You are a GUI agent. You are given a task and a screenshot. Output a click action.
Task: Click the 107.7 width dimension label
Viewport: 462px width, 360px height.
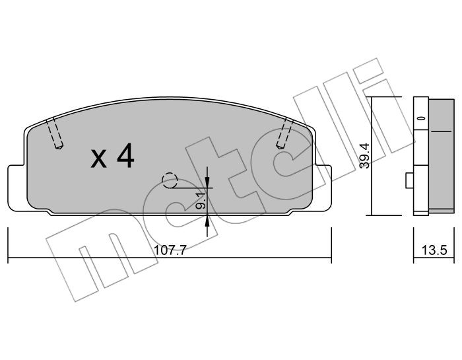[170, 250]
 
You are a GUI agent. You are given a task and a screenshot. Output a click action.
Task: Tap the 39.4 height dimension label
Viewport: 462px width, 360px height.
[364, 155]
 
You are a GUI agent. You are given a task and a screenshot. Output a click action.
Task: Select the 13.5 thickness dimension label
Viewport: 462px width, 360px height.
[434, 250]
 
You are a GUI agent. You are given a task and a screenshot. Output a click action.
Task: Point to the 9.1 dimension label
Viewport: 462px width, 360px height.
[201, 201]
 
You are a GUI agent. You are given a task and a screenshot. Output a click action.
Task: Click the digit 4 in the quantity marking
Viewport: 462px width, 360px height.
[125, 157]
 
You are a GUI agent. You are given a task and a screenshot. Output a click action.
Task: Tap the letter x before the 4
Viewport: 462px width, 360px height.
[99, 159]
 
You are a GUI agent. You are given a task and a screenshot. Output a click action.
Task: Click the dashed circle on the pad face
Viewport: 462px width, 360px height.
[170, 180]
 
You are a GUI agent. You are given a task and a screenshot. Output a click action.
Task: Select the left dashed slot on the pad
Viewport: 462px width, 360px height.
[55, 133]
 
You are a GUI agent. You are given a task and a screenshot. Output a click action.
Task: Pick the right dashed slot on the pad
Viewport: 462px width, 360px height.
[284, 133]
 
